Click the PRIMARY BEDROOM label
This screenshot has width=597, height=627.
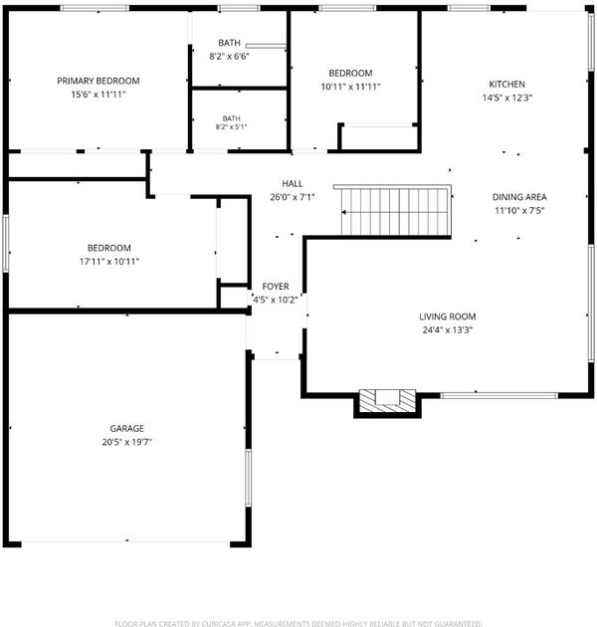[x=99, y=81]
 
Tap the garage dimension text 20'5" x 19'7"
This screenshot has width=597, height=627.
[x=127, y=442]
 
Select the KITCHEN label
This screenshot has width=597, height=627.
[x=507, y=84]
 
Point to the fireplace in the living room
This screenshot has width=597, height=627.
[x=387, y=401]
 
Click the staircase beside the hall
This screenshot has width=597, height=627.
[x=396, y=211]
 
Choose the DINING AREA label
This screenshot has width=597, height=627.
[x=519, y=197]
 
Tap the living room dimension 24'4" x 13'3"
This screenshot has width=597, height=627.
[x=448, y=329]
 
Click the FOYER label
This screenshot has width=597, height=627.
[x=276, y=287]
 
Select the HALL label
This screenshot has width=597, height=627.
[x=293, y=183]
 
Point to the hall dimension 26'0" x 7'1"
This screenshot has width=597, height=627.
[x=293, y=197]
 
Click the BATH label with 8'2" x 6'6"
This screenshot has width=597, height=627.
[x=230, y=43]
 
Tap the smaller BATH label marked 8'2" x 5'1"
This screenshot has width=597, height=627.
[x=231, y=118]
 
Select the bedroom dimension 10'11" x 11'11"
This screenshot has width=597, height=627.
[x=350, y=87]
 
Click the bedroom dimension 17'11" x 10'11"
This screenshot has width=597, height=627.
[x=109, y=262]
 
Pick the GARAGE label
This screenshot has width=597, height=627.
[x=127, y=428]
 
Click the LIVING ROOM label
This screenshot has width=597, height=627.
[x=448, y=316]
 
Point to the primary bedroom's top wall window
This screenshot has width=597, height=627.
[x=95, y=8]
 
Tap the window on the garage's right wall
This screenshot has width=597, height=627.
[x=249, y=478]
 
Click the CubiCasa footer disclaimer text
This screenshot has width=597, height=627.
[x=298, y=623]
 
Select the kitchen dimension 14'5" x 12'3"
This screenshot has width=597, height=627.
[x=507, y=98]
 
